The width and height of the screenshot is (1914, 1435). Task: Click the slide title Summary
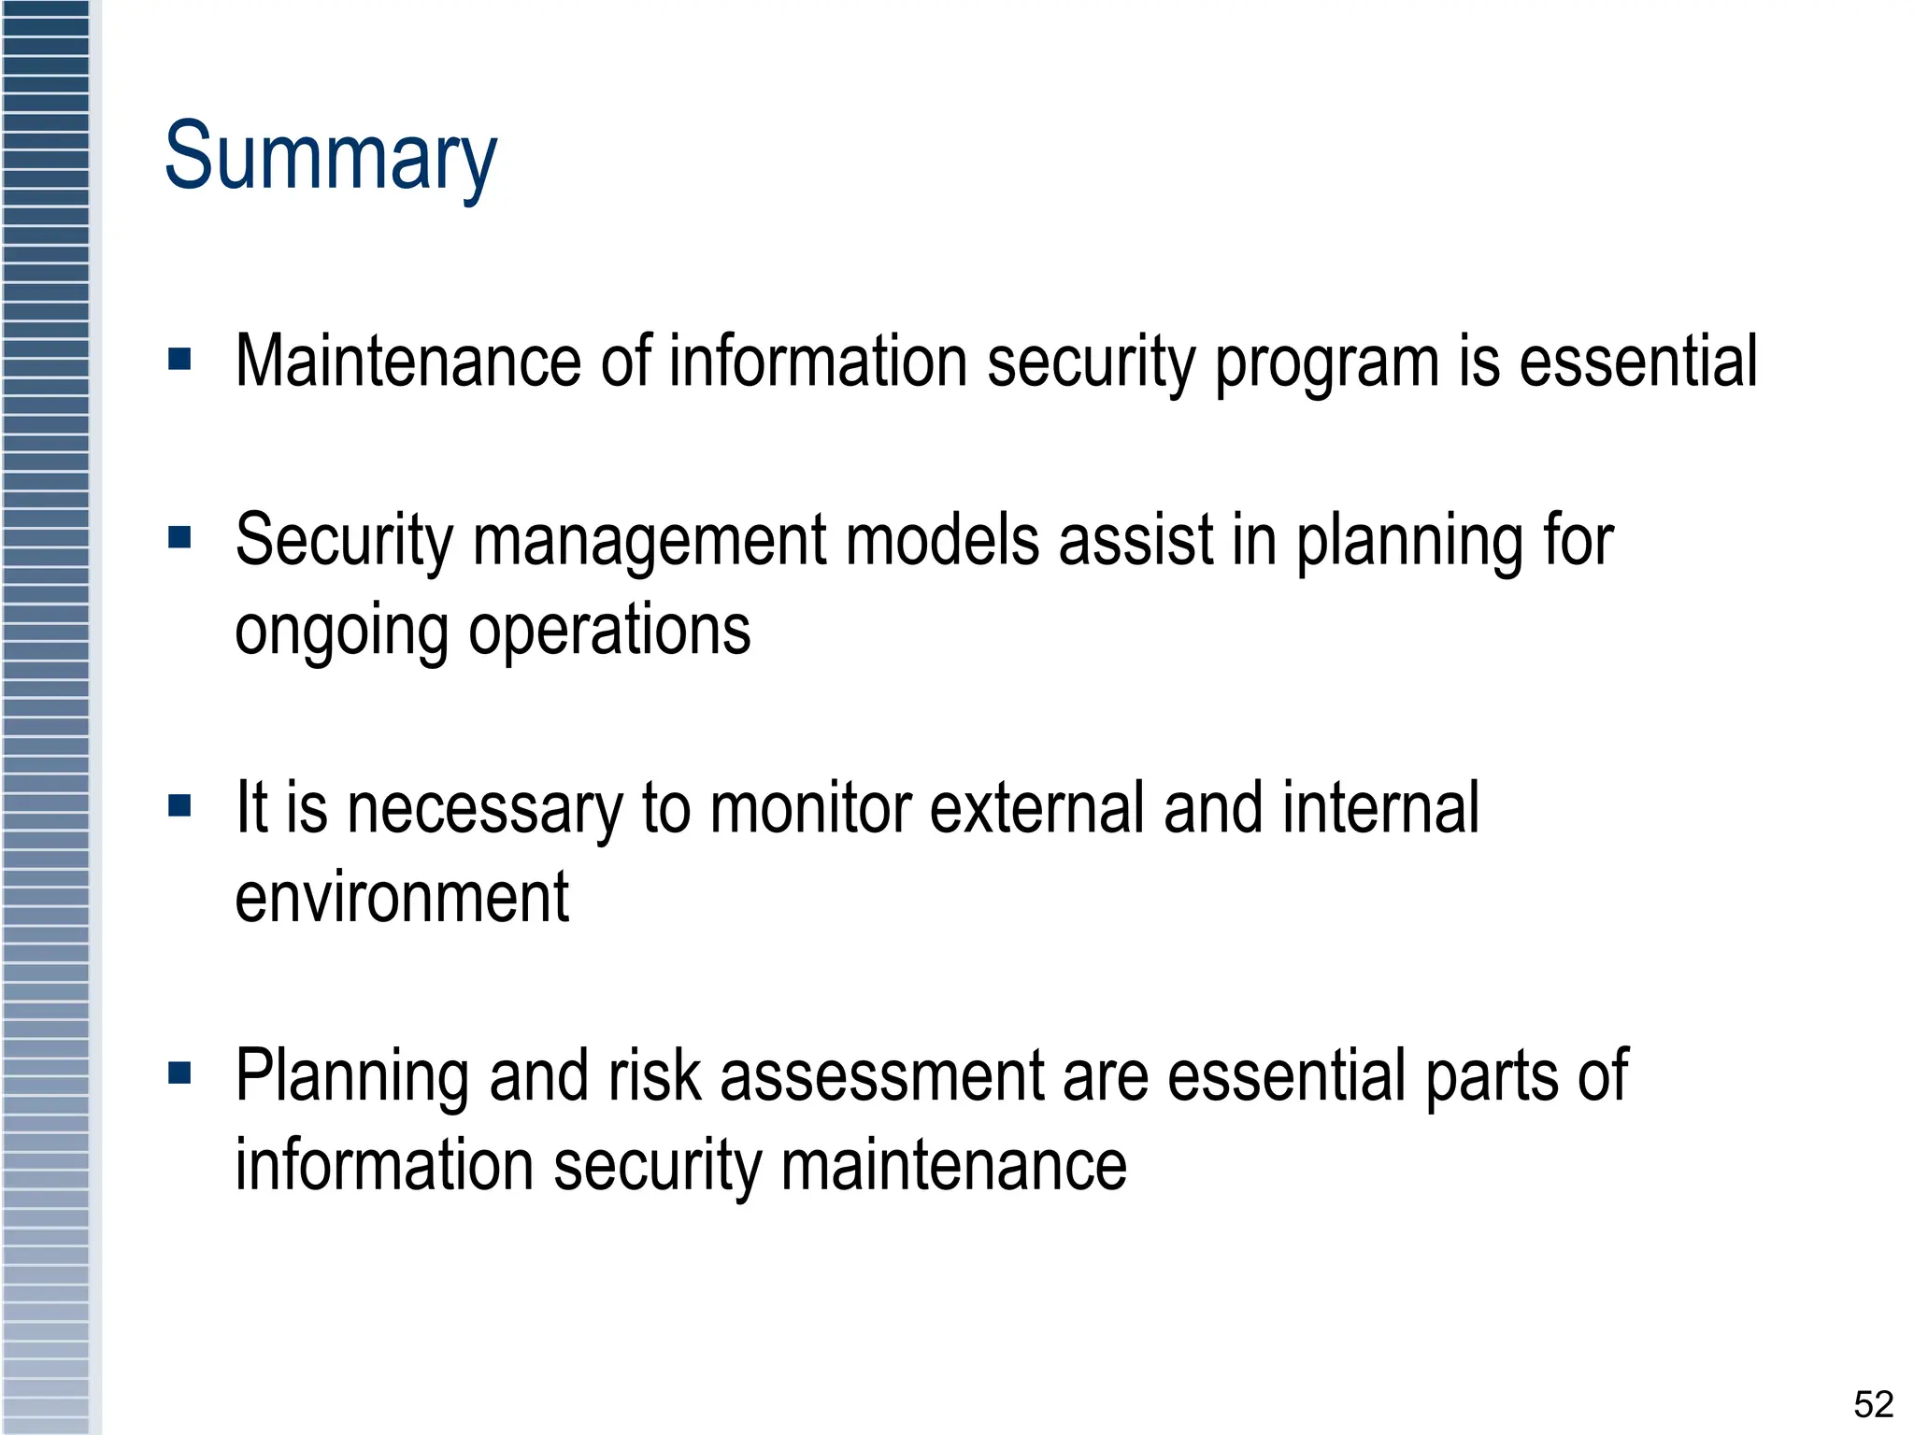point(331,157)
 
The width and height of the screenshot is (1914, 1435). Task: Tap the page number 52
point(1873,1404)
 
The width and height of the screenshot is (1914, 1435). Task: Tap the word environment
point(402,897)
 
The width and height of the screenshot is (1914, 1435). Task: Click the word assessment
point(882,1077)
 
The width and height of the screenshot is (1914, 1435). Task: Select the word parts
point(1492,1077)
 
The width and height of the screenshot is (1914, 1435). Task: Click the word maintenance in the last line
point(954,1166)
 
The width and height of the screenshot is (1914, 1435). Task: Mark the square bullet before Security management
point(179,537)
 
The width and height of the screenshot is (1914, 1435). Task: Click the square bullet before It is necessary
point(179,805)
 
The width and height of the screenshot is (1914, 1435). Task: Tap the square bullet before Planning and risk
point(179,1073)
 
